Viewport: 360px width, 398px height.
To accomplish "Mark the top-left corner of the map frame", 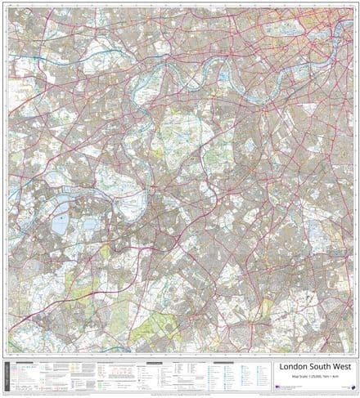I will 9,7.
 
